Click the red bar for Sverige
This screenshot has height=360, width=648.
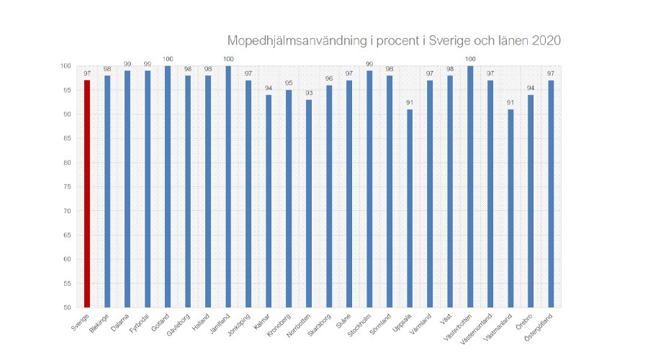coord(87,194)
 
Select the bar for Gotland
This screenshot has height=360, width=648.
coord(168,186)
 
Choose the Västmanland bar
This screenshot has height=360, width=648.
coord(510,208)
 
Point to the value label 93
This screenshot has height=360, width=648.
coord(309,94)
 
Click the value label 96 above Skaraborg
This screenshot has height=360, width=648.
coord(329,79)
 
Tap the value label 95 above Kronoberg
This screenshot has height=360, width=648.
coord(289,84)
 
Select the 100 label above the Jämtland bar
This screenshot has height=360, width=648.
coord(228,60)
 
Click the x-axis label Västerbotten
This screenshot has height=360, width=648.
coord(462,324)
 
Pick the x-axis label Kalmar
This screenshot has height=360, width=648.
coord(262,319)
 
